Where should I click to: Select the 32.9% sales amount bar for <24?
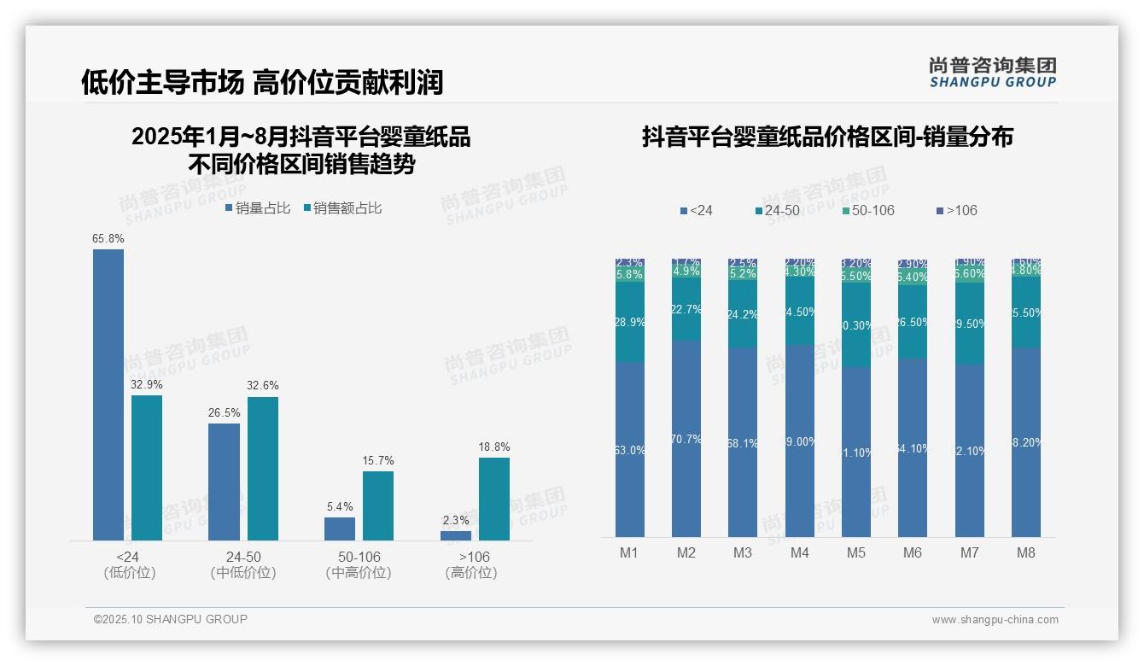pyautogui.click(x=147, y=468)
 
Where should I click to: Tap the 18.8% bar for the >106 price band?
pyautogui.click(x=494, y=499)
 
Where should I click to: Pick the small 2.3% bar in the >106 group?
pyautogui.click(x=456, y=535)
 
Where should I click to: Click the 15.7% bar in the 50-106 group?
pyautogui.click(x=378, y=505)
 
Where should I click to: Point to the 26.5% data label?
pyautogui.click(x=224, y=413)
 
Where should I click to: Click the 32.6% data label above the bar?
pyautogui.click(x=263, y=386)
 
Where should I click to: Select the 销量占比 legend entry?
pyautogui.click(x=257, y=207)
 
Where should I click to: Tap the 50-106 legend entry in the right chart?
pyautogui.click(x=867, y=210)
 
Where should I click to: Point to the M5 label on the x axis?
pyautogui.click(x=856, y=552)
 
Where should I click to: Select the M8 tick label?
pyautogui.click(x=1026, y=552)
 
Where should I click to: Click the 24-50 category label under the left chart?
pyautogui.click(x=243, y=557)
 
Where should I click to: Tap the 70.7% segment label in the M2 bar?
pyautogui.click(x=686, y=440)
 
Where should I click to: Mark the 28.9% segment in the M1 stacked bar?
pyautogui.click(x=630, y=322)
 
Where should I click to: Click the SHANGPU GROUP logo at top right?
pyautogui.click(x=992, y=73)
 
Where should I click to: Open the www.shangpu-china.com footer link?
pyautogui.click(x=995, y=620)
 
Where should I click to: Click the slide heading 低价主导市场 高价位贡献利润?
pyautogui.click(x=262, y=83)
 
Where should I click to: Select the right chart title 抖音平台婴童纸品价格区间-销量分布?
pyautogui.click(x=827, y=137)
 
